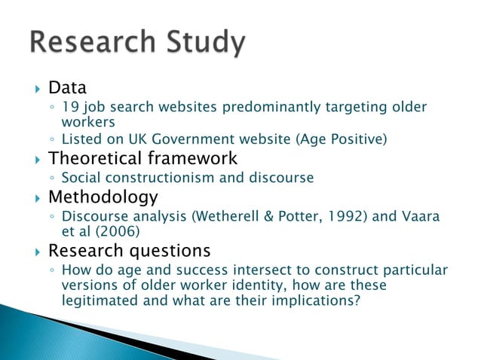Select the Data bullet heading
tap(67, 88)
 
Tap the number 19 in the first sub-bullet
tap(69, 107)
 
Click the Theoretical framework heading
tap(142, 158)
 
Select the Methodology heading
tap(103, 197)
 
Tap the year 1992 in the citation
tap(337, 217)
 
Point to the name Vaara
tap(419, 217)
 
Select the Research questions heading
tap(129, 250)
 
